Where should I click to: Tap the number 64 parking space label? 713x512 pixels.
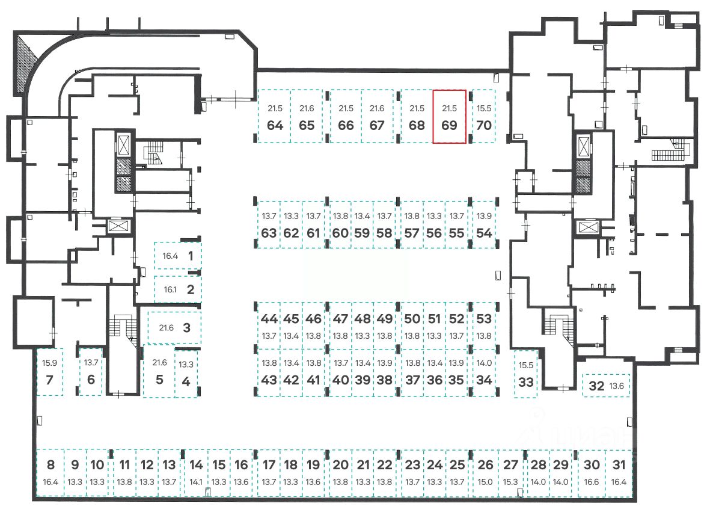275,126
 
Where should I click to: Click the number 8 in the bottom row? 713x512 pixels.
50,464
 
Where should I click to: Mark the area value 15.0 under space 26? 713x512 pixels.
485,482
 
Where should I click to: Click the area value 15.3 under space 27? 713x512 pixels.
510,482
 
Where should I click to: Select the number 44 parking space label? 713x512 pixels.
269,319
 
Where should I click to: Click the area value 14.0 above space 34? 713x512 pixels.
484,363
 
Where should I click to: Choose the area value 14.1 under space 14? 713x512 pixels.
196,482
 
